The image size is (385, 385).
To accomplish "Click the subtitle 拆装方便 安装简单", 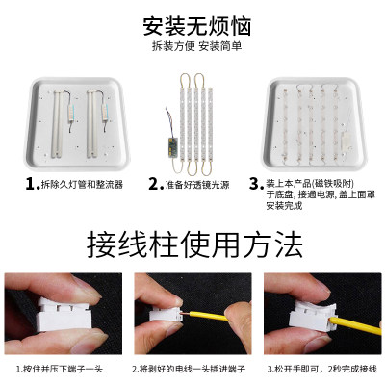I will coord(192,45).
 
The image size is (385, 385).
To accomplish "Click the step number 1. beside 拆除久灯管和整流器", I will coord(31,183).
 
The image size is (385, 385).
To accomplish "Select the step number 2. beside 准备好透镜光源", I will coord(154,183).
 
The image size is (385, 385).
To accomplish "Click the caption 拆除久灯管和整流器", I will coord(82,184).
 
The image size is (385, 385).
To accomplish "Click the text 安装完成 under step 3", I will coord(286,205).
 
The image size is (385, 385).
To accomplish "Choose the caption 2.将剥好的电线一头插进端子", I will coord(193,369).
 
